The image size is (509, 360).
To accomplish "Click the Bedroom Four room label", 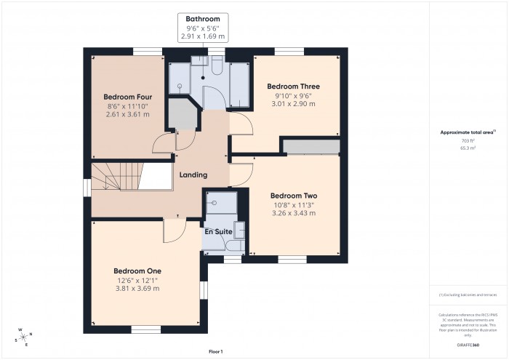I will coord(127,97).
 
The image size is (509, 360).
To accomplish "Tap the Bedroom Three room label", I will coord(293,87).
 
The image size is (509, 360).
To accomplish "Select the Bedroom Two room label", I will coord(294,196).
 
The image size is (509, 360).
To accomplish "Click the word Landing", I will coord(193,175).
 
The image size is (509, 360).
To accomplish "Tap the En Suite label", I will coord(218,232).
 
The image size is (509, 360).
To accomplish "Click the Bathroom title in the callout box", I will coord(202,19).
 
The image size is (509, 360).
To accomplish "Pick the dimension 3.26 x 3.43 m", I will coord(294,213).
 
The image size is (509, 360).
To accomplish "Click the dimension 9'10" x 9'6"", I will coord(293,95).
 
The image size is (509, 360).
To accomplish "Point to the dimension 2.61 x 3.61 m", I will coord(127,114).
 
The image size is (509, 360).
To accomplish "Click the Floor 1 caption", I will coord(216,351).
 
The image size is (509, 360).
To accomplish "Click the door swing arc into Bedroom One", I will coord(172,233).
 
